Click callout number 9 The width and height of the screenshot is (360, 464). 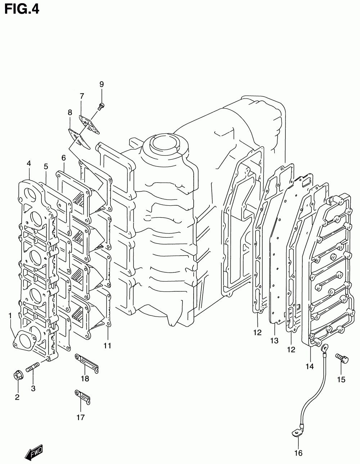pos(102,85)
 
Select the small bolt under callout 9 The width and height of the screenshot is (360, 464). pos(102,106)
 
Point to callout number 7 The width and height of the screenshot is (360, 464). pos(82,96)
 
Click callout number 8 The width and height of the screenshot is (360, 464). pos(70,113)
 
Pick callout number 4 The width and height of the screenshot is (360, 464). pos(29,164)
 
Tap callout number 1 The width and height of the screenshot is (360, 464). pos(10,315)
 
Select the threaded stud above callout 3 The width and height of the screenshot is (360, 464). pos(32,369)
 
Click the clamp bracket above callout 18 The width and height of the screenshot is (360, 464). pos(86,363)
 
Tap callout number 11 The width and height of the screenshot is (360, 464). pos(107,346)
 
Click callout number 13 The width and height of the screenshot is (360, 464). pos(274,341)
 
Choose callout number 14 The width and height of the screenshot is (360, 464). pos(310,366)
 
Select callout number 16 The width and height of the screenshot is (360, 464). pos(298,452)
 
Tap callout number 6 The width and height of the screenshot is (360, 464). pos(64,158)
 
